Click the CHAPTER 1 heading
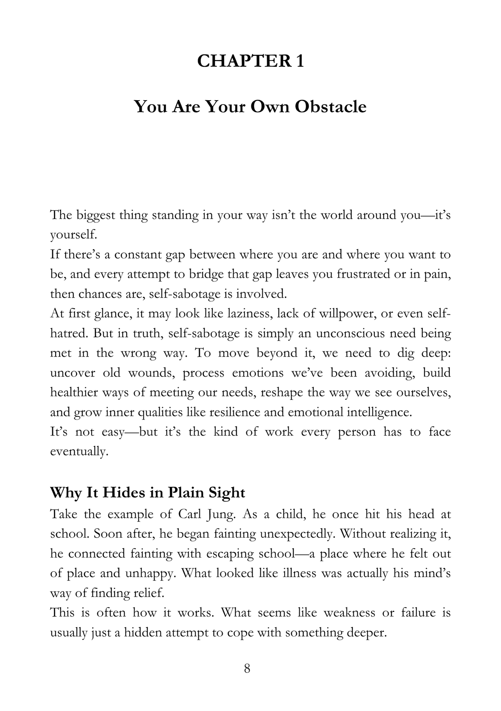pyautogui.click(x=250, y=61)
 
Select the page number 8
pyautogui.click(x=247, y=668)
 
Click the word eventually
pyautogui.click(x=79, y=451)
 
